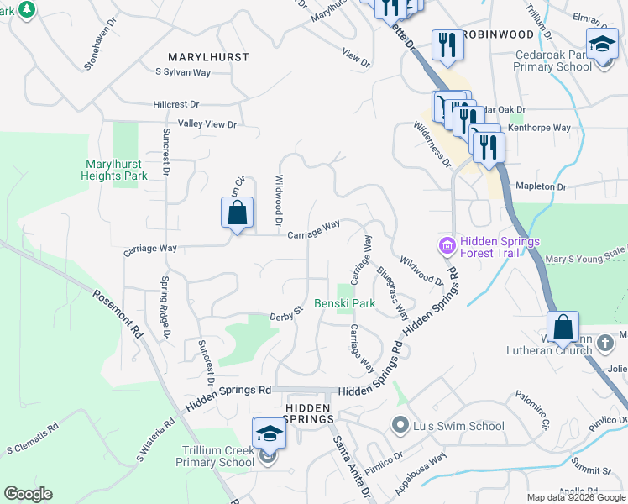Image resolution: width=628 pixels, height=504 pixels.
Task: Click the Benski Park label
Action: pyautogui.click(x=344, y=302)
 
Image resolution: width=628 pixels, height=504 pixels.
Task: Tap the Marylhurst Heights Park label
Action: pyautogui.click(x=114, y=170)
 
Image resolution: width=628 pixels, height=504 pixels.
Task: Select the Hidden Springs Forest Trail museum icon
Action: pyautogui.click(x=447, y=245)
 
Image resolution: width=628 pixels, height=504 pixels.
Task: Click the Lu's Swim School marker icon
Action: pyautogui.click(x=400, y=426)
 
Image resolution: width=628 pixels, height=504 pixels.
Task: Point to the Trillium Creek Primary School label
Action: pyautogui.click(x=218, y=456)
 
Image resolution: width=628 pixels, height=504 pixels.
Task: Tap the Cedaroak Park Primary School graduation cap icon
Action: pyautogui.click(x=601, y=44)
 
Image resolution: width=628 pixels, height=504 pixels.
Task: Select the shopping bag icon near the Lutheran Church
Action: pyautogui.click(x=563, y=327)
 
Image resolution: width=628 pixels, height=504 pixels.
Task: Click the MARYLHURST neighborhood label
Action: pyautogui.click(x=208, y=57)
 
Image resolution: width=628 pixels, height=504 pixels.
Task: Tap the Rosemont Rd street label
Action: pyautogui.click(x=118, y=313)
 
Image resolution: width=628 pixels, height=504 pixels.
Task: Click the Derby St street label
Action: pyautogui.click(x=285, y=315)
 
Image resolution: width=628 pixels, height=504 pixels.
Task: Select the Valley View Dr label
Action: pyautogui.click(x=207, y=124)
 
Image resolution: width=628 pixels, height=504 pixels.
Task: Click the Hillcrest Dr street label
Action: pyautogui.click(x=176, y=105)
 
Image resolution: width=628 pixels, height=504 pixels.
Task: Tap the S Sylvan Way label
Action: pyautogui.click(x=182, y=73)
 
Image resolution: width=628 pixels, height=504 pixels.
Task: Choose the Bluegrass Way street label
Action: pyautogui.click(x=392, y=293)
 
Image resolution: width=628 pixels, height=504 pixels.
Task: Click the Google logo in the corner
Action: pyautogui.click(x=28, y=494)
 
